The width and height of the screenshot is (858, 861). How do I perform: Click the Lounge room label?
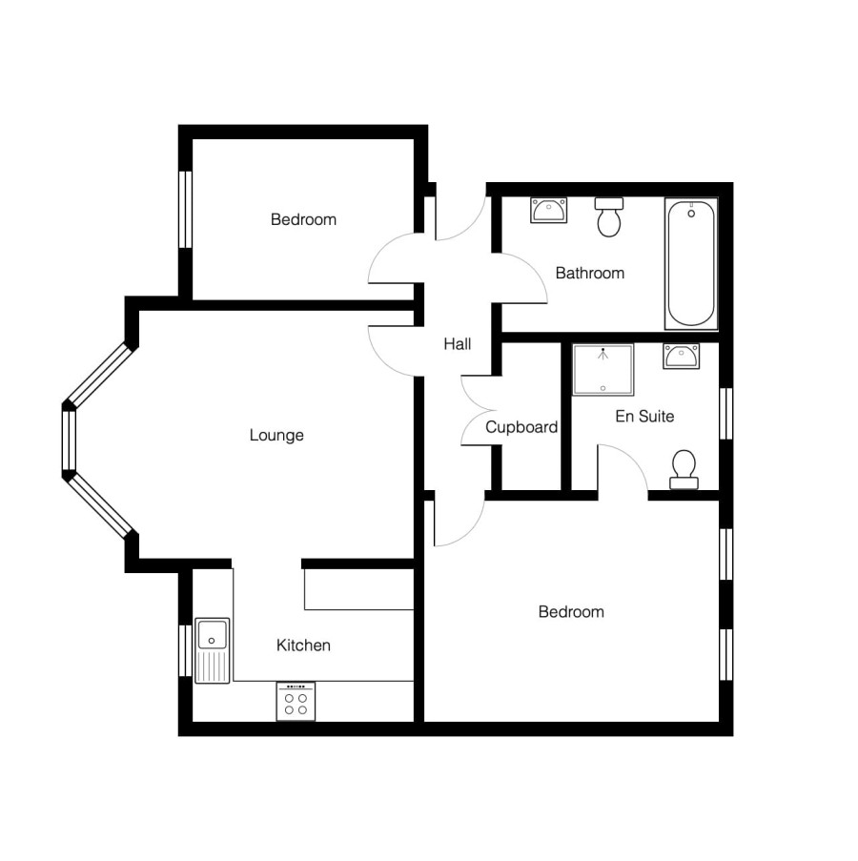[276, 435]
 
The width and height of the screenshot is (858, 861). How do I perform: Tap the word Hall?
[458, 344]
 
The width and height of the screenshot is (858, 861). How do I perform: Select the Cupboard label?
[521, 426]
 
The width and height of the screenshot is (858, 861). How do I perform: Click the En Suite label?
[644, 417]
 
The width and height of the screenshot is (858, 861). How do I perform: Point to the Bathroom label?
[589, 273]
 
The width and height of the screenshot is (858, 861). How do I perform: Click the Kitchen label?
[303, 645]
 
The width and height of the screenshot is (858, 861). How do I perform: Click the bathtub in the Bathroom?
[691, 263]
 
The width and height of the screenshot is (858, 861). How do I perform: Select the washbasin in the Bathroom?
[548, 211]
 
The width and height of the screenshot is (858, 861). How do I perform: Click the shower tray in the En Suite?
[603, 370]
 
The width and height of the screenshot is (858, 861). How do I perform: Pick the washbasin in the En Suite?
[682, 356]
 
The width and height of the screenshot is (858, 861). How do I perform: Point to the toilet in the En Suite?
[684, 469]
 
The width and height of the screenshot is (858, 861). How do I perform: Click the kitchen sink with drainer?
[212, 650]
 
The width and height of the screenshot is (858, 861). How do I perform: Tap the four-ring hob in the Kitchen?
[296, 701]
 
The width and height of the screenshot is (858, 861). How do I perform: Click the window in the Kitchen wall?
[186, 650]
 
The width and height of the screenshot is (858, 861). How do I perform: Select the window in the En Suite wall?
[725, 414]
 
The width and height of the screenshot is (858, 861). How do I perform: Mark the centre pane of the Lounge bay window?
[69, 441]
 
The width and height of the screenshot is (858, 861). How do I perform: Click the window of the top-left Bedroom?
[186, 210]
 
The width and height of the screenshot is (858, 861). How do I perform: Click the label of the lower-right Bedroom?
[571, 612]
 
